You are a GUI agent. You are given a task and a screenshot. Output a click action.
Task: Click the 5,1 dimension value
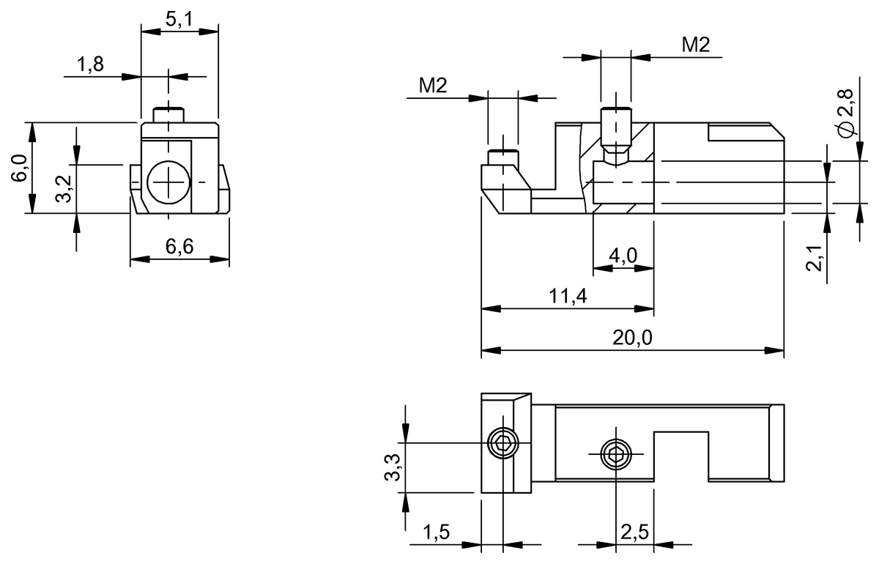tap(179, 20)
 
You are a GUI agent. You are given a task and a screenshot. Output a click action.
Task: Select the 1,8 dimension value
tap(91, 64)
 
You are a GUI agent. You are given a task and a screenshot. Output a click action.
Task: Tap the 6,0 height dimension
tap(20, 168)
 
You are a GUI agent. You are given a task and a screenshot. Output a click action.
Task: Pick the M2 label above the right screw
tap(695, 45)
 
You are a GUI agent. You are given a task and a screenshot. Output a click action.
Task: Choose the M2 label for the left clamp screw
tap(433, 86)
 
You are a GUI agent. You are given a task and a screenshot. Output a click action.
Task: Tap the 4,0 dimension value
tap(623, 256)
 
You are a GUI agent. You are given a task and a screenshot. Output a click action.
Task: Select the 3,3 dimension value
tap(393, 467)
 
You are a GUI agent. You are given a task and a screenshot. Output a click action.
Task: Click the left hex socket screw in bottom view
tap(502, 443)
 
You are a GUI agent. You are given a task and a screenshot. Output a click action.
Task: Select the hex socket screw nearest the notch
tap(616, 455)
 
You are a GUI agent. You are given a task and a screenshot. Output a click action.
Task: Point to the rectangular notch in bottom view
tap(681, 455)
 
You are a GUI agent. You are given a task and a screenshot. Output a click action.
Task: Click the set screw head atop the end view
tap(168, 115)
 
